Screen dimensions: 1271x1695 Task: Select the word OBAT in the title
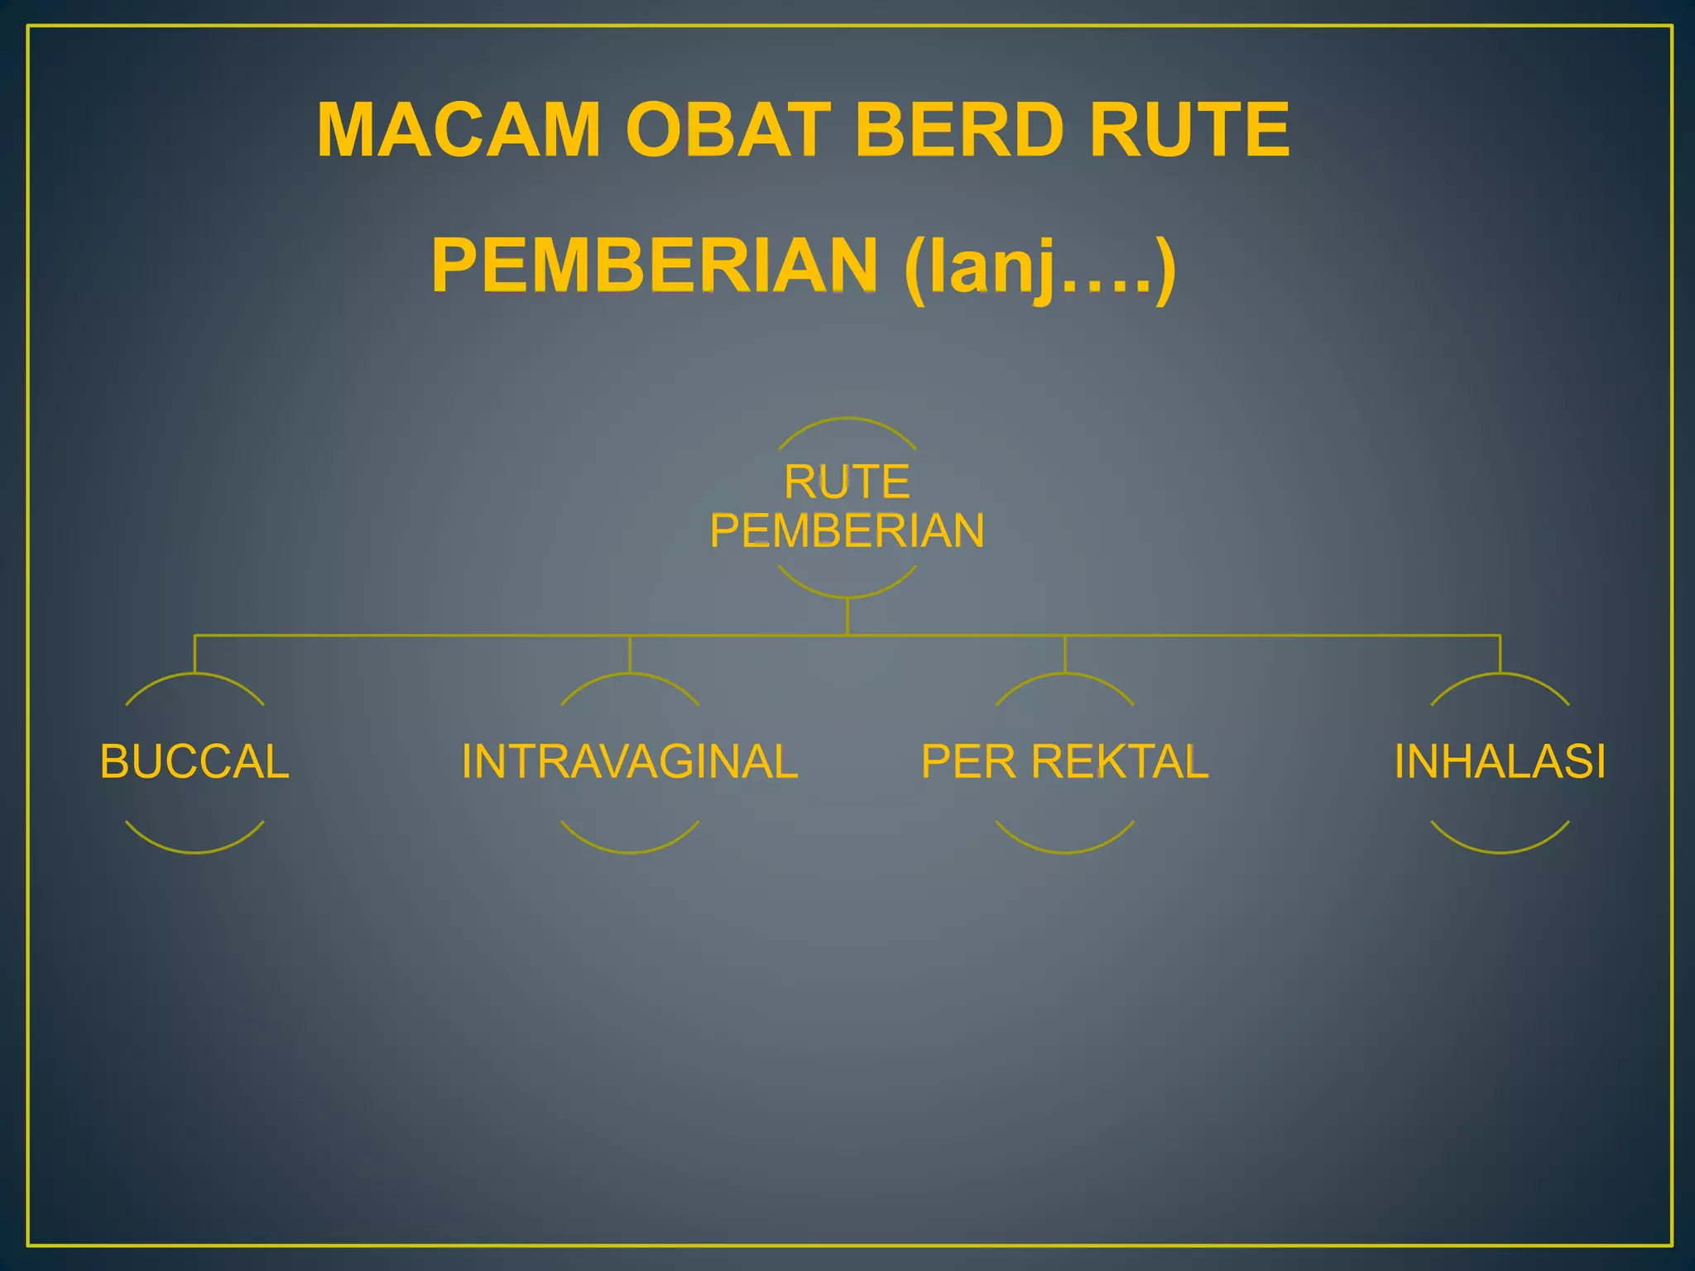click(x=727, y=130)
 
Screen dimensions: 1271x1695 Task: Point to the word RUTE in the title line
click(x=1189, y=130)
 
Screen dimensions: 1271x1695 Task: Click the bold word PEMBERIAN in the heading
click(x=655, y=266)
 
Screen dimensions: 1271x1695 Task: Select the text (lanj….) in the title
click(x=1040, y=267)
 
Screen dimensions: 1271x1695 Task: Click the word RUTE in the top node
click(x=847, y=482)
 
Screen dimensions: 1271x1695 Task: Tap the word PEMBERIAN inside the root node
click(x=847, y=530)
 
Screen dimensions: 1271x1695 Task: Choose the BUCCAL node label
click(x=194, y=761)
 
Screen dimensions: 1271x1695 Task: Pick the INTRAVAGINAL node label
click(x=629, y=761)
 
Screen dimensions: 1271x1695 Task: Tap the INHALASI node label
click(x=1500, y=761)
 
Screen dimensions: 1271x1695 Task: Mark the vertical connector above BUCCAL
click(x=194, y=654)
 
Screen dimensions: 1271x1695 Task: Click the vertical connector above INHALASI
click(x=1500, y=654)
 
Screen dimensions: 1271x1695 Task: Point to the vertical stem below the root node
click(x=847, y=616)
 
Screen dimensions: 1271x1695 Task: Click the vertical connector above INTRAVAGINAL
click(x=630, y=654)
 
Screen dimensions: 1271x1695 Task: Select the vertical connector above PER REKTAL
click(x=1064, y=654)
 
